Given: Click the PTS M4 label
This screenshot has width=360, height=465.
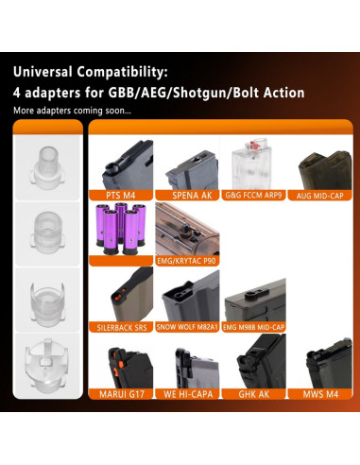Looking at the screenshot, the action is (x=121, y=196).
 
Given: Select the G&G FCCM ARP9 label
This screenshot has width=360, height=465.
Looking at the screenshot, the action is (x=253, y=196).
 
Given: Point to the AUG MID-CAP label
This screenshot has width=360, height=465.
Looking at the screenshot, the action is (x=319, y=196).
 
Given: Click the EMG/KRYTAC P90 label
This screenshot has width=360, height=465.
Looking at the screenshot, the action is (x=187, y=261).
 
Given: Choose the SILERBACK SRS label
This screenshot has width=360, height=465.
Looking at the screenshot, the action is (x=122, y=328).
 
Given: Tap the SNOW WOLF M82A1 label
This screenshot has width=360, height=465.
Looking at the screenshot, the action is (x=187, y=327).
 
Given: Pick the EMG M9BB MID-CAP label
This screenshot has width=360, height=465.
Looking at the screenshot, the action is (x=253, y=327).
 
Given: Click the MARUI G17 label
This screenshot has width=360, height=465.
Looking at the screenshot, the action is (x=122, y=394).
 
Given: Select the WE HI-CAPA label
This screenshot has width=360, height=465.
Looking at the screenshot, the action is (x=188, y=394).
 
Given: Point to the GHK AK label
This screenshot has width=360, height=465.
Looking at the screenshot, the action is (x=254, y=394).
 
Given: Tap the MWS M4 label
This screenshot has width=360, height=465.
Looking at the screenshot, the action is (x=320, y=394).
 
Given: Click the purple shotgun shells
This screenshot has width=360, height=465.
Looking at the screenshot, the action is (x=121, y=229).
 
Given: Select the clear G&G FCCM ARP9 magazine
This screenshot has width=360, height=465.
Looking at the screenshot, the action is (x=252, y=164).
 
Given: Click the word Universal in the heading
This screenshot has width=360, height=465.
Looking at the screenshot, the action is (x=43, y=72).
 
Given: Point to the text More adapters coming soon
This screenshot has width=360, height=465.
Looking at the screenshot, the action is (x=72, y=111).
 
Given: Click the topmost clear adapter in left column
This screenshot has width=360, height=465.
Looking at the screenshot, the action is (x=48, y=167).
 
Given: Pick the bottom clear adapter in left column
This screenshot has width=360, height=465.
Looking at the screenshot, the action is (x=46, y=366).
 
